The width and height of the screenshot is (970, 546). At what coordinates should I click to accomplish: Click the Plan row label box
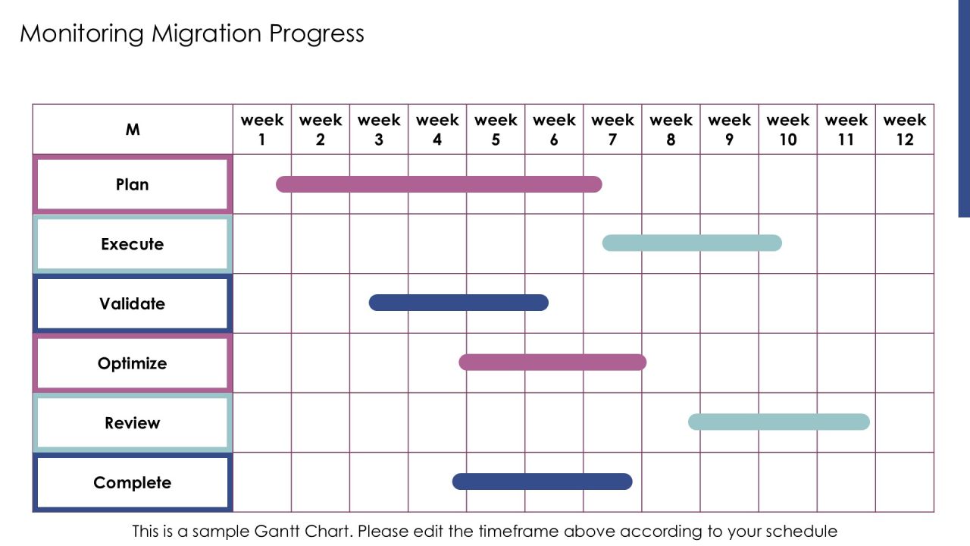133,184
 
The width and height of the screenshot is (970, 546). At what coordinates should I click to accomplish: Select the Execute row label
133,244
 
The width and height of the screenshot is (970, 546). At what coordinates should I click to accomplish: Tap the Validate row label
133,303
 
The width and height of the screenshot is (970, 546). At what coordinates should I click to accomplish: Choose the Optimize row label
133,363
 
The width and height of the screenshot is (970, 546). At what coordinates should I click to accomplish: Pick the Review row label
133,422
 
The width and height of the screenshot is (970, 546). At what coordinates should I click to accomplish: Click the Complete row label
133,482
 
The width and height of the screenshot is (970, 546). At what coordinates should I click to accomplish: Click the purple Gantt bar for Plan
439,184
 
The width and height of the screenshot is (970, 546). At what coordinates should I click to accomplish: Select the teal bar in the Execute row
692,243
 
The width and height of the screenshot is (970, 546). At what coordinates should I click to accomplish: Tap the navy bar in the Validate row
458,303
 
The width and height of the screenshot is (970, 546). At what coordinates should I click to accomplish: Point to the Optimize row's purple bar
552,362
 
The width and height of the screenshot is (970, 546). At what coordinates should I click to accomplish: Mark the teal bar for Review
779,422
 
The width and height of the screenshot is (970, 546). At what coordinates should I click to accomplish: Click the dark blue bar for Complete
542,482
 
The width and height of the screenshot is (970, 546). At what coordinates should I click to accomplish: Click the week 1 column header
262,129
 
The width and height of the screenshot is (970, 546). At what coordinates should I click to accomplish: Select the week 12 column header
905,129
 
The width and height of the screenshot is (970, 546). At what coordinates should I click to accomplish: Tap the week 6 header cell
554,129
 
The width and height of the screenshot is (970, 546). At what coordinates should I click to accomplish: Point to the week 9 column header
729,129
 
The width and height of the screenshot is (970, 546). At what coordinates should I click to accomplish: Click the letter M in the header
133,130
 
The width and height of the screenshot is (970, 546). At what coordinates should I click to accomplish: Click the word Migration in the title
207,34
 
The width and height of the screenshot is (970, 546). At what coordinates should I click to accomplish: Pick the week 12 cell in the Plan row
905,184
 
